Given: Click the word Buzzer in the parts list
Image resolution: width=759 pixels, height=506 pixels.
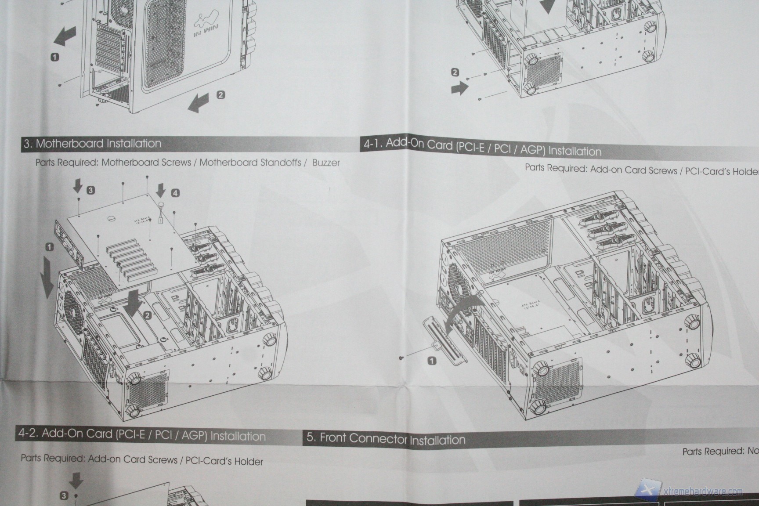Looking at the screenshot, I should point(326,163).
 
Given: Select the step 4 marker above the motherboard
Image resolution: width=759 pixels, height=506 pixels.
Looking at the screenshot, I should point(175,193).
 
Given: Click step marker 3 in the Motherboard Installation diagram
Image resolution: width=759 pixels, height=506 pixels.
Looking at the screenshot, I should point(90,190).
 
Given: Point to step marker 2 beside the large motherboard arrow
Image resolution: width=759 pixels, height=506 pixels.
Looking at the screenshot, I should point(148,315).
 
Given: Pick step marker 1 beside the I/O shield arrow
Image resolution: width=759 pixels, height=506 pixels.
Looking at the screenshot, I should point(50,247).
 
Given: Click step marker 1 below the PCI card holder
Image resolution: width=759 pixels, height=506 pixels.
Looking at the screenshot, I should point(432,361).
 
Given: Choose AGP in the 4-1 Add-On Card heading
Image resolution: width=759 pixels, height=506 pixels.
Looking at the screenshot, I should point(532,150).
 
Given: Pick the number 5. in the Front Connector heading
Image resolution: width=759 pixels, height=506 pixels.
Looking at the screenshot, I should point(311,437).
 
